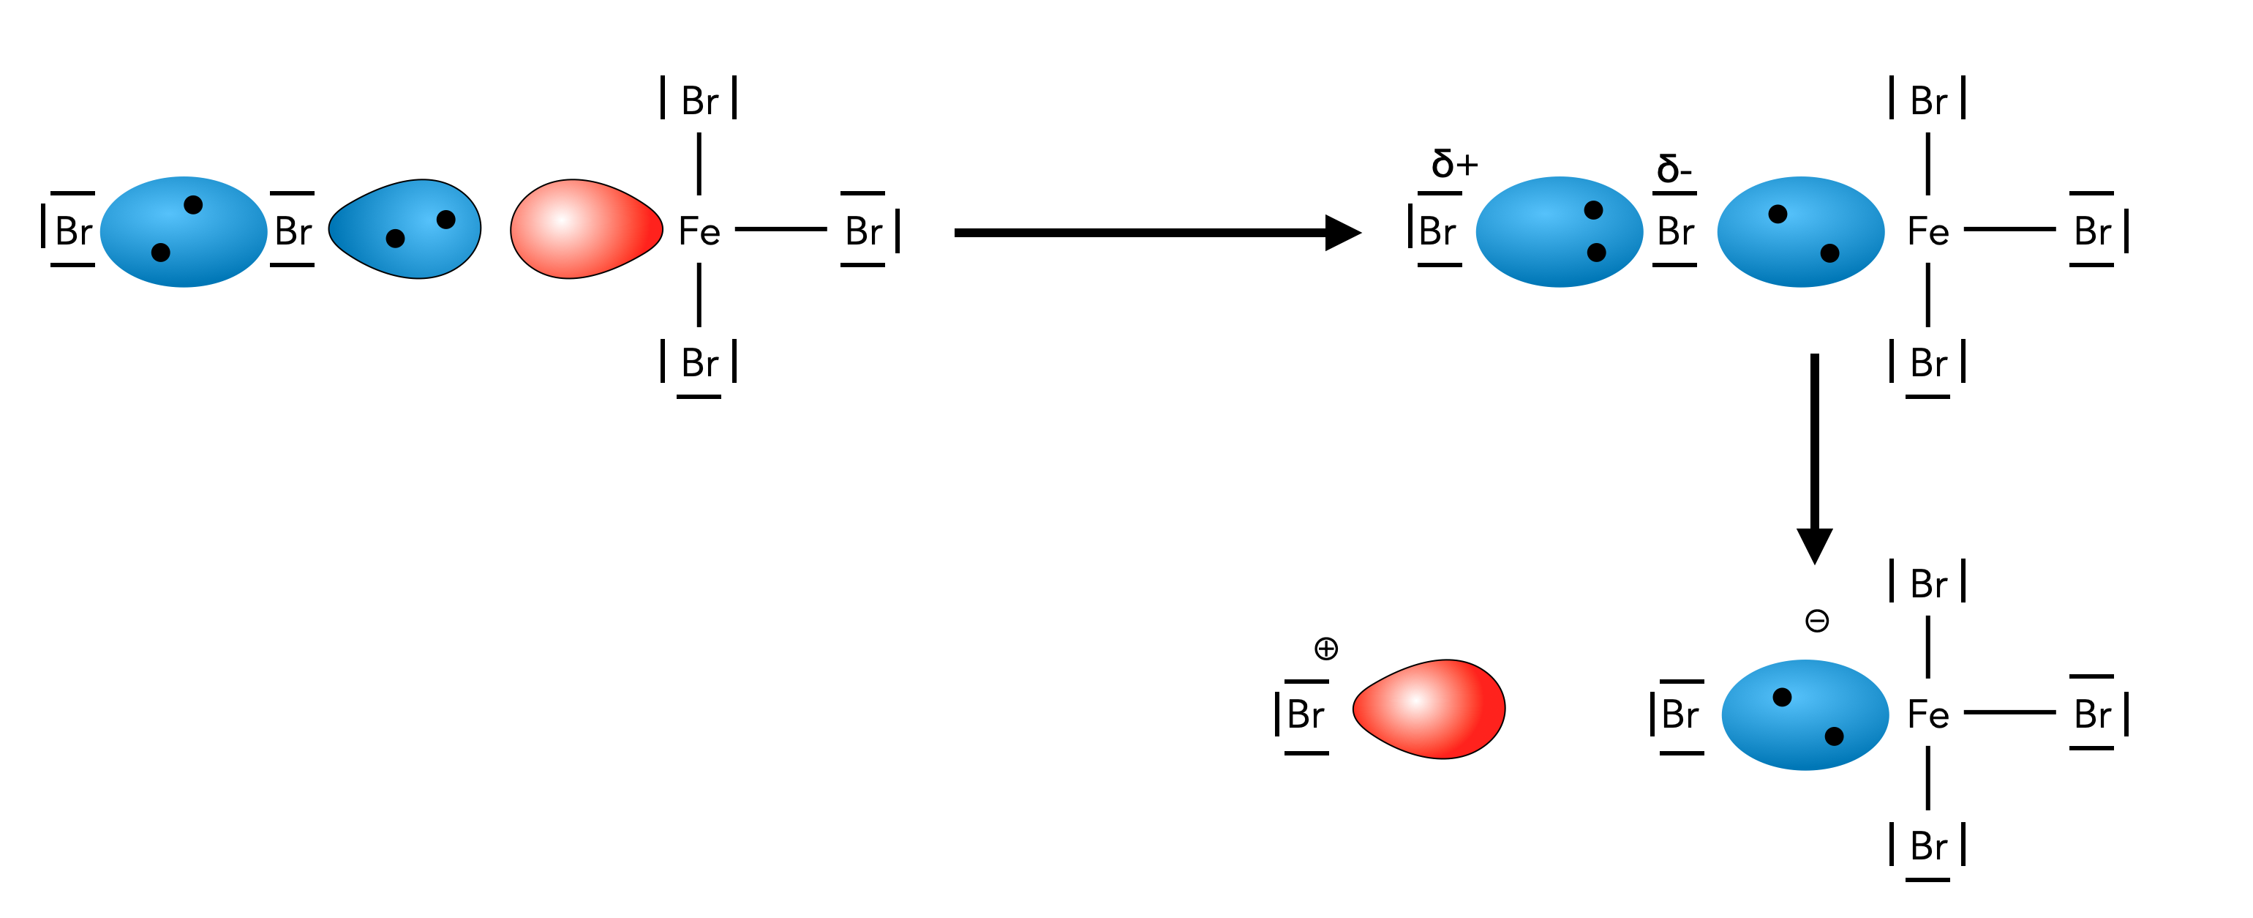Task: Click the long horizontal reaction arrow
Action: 1154,233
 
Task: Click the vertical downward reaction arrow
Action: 1814,455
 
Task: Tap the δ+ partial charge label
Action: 1453,164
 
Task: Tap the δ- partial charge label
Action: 1673,168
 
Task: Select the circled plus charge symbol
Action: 1326,649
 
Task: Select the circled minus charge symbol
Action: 1816,622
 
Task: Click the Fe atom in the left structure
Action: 699,232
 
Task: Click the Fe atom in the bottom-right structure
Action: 1927,715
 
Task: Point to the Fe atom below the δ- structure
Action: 1927,232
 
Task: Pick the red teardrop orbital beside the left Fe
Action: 584,228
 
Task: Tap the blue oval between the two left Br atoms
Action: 184,232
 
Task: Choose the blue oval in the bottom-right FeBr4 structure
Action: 1805,715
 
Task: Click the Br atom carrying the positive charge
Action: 1305,715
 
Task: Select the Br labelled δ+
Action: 1437,232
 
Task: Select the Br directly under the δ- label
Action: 1675,232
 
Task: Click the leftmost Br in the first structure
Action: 72,232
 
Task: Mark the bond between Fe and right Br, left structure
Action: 781,229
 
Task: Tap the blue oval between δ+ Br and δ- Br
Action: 1559,232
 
